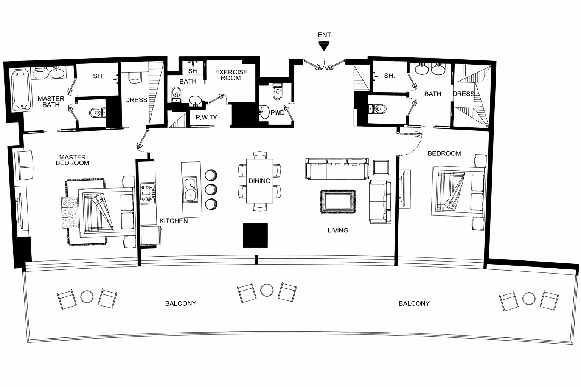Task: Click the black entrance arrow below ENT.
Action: [x=324, y=46]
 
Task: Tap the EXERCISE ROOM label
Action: [x=231, y=75]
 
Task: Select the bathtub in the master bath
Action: [x=21, y=90]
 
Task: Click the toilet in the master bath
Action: [x=97, y=113]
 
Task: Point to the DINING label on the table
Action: [x=259, y=181]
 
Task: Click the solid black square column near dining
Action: [x=255, y=235]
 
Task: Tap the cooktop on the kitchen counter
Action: [x=148, y=193]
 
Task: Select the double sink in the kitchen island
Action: [x=191, y=190]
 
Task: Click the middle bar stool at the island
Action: [x=211, y=190]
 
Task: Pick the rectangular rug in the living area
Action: [x=338, y=202]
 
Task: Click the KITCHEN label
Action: [x=174, y=221]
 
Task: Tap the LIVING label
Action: [x=338, y=230]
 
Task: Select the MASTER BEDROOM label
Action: [x=72, y=160]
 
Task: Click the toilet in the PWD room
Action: [x=277, y=92]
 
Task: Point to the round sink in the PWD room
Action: [x=264, y=112]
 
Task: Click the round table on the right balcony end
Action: [x=528, y=299]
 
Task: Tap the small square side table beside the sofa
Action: [x=381, y=167]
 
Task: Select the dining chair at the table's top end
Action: [x=259, y=155]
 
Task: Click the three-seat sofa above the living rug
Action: [x=337, y=169]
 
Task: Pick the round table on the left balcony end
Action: [x=87, y=297]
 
